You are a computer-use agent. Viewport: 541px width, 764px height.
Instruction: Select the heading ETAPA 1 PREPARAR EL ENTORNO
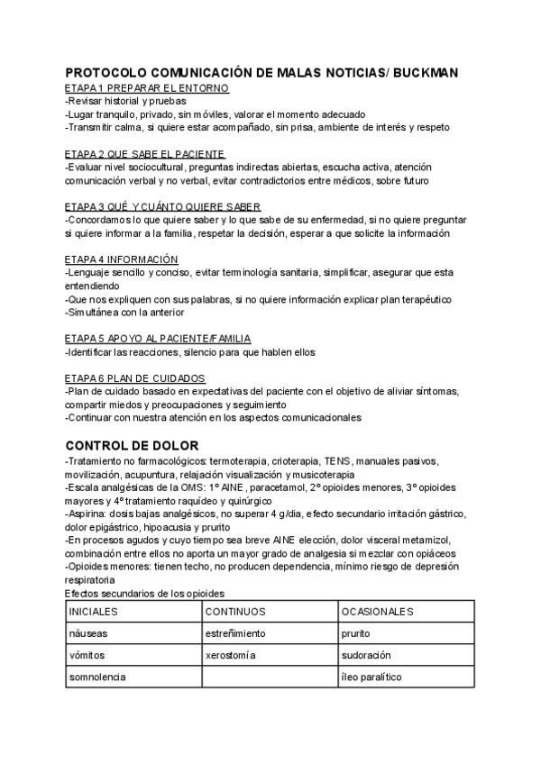tap(147, 88)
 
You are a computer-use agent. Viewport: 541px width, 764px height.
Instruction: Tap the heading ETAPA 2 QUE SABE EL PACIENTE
tap(145, 154)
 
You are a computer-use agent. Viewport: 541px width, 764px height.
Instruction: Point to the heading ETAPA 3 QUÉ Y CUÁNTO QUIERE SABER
tap(151, 206)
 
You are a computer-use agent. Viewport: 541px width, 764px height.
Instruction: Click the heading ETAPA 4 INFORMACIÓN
tap(122, 259)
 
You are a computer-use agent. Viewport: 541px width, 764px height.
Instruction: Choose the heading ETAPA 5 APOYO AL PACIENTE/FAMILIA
tap(158, 338)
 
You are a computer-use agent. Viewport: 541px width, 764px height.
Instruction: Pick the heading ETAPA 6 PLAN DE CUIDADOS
tap(135, 377)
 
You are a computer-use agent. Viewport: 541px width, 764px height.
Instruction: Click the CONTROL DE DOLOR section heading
tap(133, 445)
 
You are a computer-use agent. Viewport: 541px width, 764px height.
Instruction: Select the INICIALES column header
tap(94, 612)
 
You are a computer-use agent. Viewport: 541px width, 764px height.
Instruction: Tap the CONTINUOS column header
tap(235, 612)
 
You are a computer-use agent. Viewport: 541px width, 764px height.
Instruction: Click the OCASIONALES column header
tap(377, 612)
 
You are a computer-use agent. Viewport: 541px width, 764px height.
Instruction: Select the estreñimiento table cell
tap(235, 633)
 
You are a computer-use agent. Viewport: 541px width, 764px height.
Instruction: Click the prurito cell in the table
tap(355, 633)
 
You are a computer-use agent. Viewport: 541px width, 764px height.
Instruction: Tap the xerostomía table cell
tap(231, 655)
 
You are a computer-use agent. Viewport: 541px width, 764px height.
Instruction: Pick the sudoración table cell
tap(365, 655)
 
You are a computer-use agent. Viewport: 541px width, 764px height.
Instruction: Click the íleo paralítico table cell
tap(371, 677)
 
